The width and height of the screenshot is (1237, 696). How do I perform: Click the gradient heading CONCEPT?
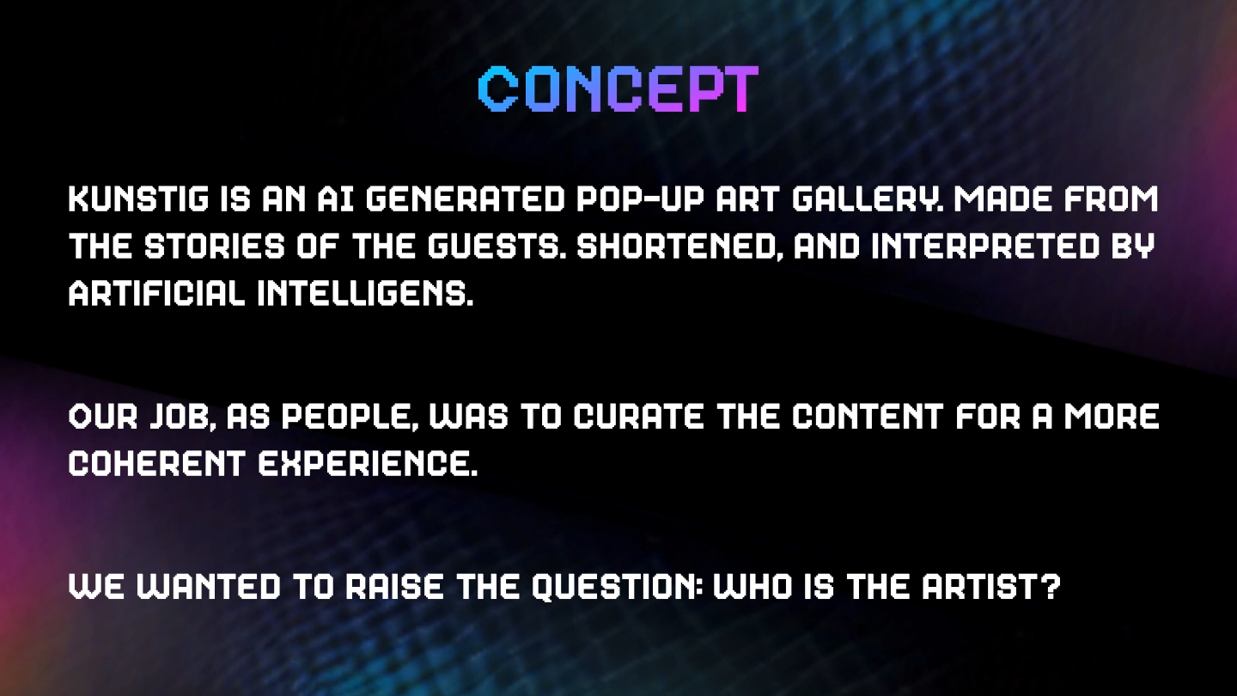pyautogui.click(x=618, y=89)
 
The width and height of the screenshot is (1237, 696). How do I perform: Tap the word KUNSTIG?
pyautogui.click(x=138, y=199)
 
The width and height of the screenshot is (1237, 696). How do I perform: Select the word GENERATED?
pyautogui.click(x=465, y=199)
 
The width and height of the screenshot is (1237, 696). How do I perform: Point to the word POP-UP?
pyautogui.click(x=639, y=199)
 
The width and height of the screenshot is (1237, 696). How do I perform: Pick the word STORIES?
pyautogui.click(x=215, y=247)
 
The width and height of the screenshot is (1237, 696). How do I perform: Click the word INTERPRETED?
pyautogui.click(x=986, y=247)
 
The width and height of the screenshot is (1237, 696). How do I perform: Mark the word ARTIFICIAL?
pyautogui.click(x=157, y=293)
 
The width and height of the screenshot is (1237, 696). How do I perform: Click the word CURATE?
pyautogui.click(x=639, y=417)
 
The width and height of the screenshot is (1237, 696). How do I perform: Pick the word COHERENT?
pyautogui.click(x=157, y=463)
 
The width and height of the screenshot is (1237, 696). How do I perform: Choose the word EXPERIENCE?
pyautogui.click(x=368, y=463)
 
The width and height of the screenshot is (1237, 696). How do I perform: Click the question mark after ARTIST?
pyautogui.click(x=1051, y=586)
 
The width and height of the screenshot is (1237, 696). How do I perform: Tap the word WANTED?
pyautogui.click(x=209, y=586)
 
